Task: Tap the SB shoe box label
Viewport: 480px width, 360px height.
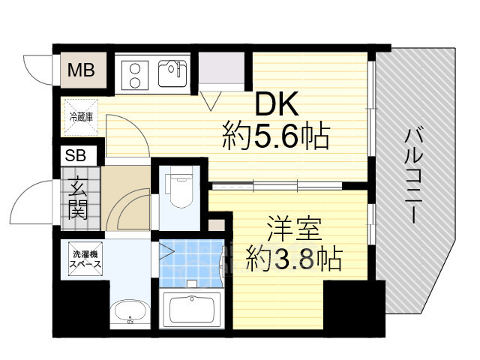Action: click(x=76, y=156)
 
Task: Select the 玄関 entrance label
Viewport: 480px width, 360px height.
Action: click(x=76, y=198)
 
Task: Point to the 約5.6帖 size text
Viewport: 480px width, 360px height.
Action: click(x=275, y=136)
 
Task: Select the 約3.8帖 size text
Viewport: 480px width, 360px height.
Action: click(x=292, y=259)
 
